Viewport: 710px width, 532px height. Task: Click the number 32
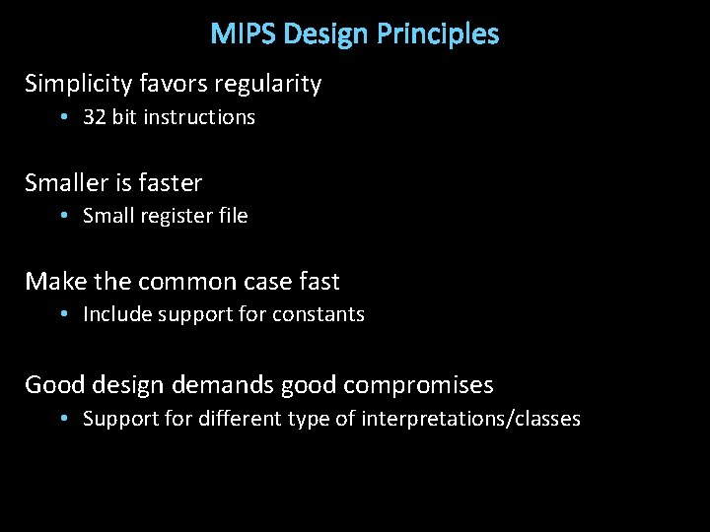tap(95, 117)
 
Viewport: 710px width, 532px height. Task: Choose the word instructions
tap(199, 117)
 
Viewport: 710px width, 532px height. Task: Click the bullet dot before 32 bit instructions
tap(63, 117)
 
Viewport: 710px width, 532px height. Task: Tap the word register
tap(173, 217)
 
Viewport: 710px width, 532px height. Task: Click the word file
tap(232, 217)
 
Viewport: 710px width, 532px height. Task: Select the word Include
tap(113, 315)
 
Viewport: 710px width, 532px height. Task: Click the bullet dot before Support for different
tap(63, 419)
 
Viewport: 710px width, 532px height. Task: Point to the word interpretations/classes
tap(470, 419)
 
